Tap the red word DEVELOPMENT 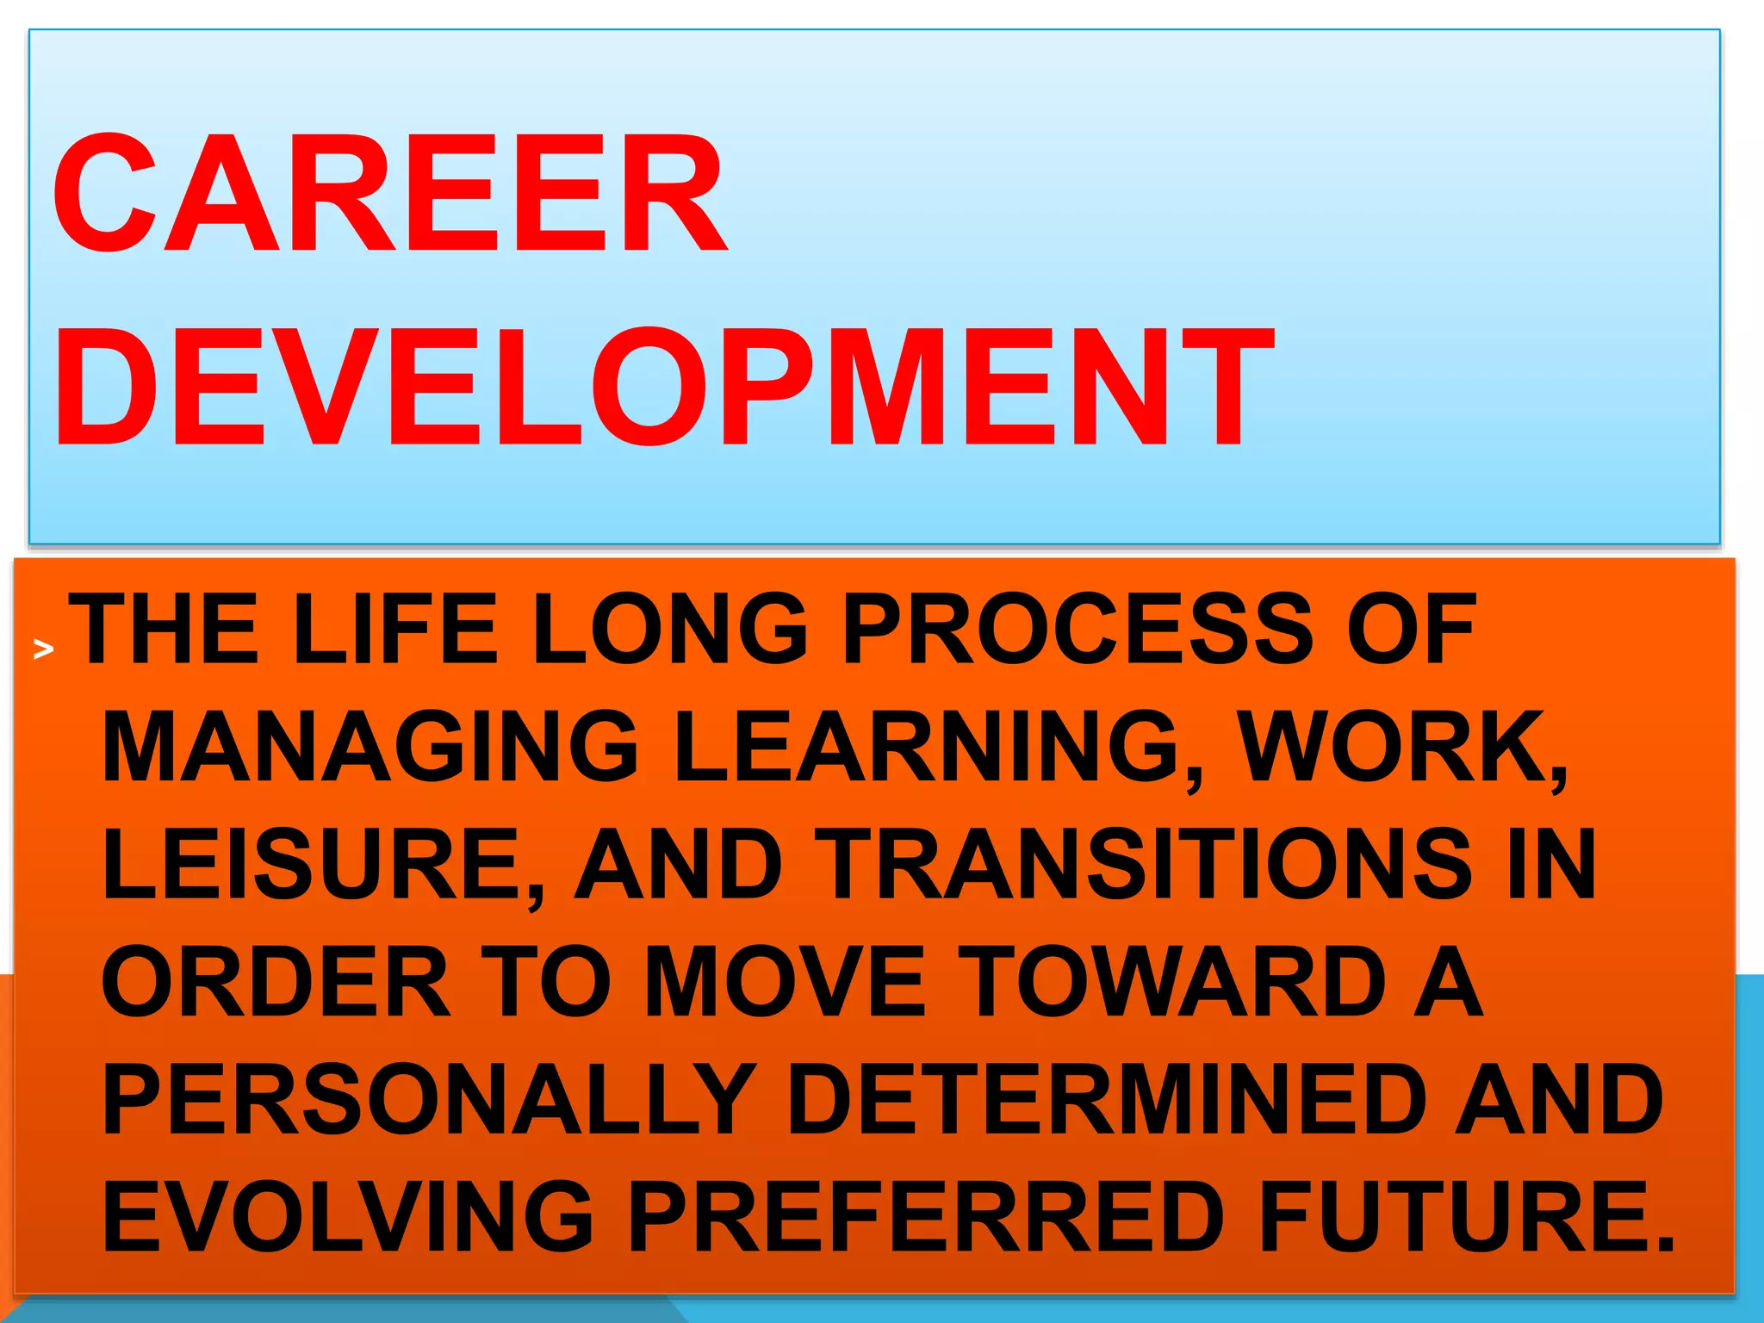click(x=663, y=388)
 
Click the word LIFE click(x=395, y=630)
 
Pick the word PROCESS click(x=1078, y=630)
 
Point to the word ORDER click(x=276, y=981)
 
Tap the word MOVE click(x=785, y=981)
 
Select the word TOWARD click(x=1172, y=981)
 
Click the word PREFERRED click(x=926, y=1216)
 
